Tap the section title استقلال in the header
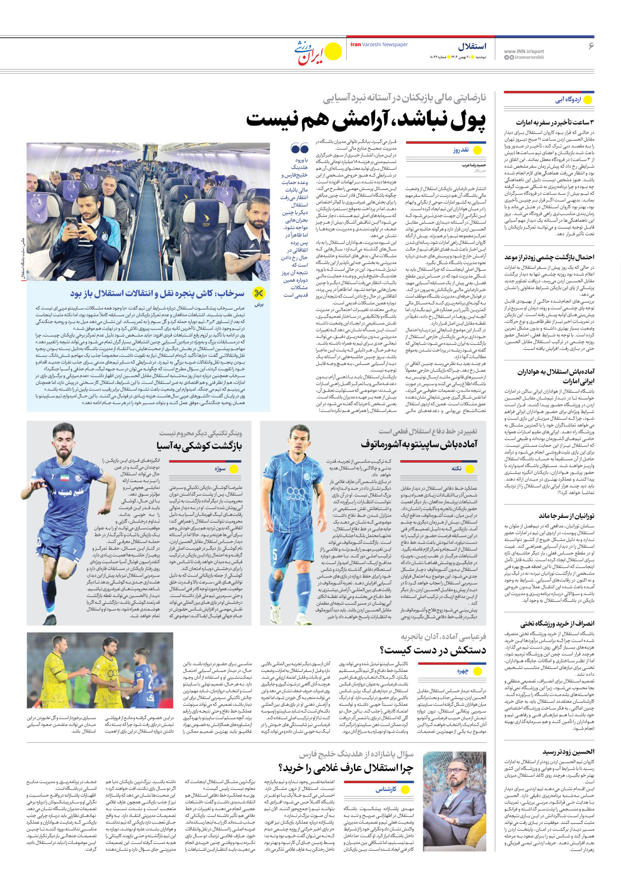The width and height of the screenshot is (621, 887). [471, 46]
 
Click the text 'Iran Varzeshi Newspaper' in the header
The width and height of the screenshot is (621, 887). [379, 45]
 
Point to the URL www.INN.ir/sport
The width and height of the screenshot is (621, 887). [524, 51]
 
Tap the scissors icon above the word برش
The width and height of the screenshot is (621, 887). [259, 293]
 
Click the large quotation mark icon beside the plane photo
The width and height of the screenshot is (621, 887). [300, 149]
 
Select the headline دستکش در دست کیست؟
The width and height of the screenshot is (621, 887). [433, 650]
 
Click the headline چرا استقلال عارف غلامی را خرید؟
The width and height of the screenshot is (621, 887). [346, 768]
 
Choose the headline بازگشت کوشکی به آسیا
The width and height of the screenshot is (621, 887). [199, 446]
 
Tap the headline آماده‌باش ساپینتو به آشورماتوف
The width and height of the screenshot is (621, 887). [419, 444]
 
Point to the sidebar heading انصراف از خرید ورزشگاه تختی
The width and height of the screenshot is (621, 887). [557, 624]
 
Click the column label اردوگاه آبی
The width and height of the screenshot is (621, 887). [568, 99]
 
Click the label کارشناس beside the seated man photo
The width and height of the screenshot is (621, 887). [386, 789]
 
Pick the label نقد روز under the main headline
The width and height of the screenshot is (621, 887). [461, 150]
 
